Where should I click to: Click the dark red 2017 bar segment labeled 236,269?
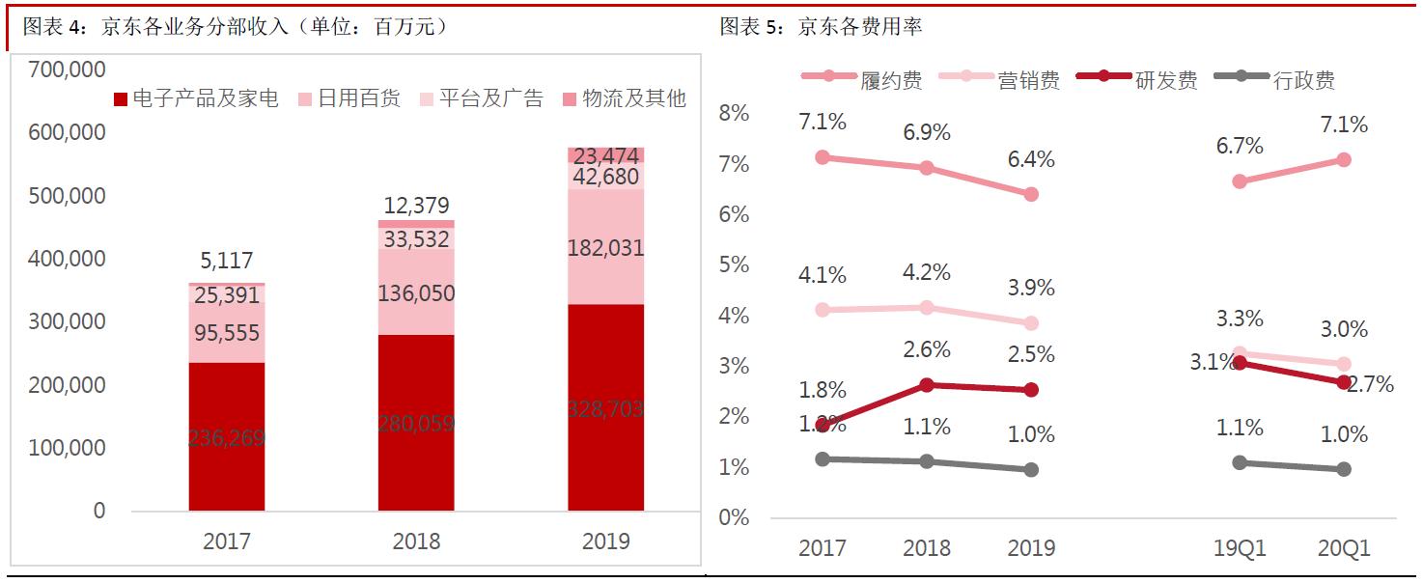point(226,436)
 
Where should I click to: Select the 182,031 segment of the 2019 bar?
point(605,247)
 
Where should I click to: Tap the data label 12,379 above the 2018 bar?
point(416,206)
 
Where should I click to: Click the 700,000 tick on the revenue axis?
point(68,69)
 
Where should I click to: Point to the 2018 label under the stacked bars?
point(416,541)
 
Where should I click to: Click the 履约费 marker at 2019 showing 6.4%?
point(1031,194)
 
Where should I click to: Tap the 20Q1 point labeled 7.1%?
point(1343,159)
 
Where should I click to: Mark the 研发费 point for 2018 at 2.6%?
point(927,384)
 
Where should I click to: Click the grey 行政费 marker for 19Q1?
point(1240,462)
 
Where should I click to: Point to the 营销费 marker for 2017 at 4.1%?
point(823,310)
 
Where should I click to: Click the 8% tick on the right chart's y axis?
point(734,114)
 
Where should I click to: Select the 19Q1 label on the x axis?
point(1240,549)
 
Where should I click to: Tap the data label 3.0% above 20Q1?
point(1344,330)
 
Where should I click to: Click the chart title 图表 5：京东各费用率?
point(821,27)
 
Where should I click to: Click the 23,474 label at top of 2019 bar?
point(605,155)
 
